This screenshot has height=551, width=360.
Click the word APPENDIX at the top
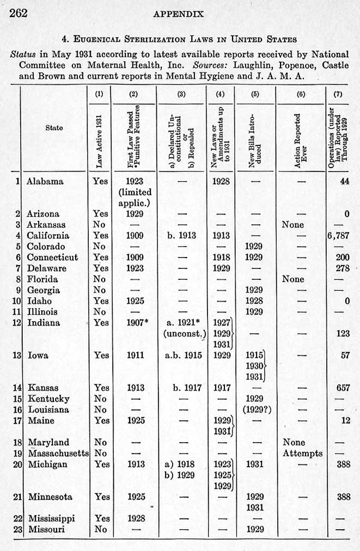[x=179, y=13]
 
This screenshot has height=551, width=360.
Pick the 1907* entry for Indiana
[x=135, y=323]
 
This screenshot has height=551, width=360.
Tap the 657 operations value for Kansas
[x=343, y=388]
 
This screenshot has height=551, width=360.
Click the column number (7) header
[x=338, y=93]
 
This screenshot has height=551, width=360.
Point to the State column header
[x=54, y=127]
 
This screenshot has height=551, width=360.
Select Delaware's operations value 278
[x=343, y=268]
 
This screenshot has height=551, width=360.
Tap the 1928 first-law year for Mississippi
[x=134, y=518]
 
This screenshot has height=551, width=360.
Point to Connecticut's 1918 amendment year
[x=221, y=257]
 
